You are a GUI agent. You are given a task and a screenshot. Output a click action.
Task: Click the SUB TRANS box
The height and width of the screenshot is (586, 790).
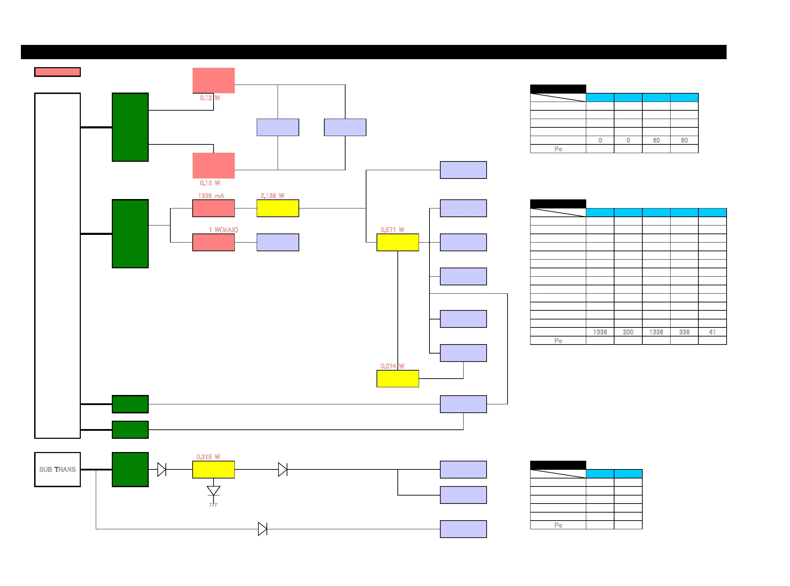click(57, 469)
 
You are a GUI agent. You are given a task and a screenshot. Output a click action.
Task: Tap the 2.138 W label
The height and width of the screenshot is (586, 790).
click(272, 196)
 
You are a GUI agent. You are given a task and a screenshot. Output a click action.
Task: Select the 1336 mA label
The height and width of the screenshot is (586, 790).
click(211, 196)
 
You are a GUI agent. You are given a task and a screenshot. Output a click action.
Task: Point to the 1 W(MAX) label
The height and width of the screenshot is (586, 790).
click(223, 230)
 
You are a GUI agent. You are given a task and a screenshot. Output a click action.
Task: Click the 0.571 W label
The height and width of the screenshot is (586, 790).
click(392, 230)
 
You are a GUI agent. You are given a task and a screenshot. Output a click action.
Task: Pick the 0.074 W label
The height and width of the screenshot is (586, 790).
click(392, 366)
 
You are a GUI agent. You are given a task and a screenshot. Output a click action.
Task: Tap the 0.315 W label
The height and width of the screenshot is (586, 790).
click(208, 457)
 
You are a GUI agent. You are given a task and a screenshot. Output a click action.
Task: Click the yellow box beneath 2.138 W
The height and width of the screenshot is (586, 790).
click(278, 208)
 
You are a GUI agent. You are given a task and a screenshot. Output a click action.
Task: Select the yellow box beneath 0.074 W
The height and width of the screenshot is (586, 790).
click(397, 379)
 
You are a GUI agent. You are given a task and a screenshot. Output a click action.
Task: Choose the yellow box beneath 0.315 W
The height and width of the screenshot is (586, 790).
click(214, 469)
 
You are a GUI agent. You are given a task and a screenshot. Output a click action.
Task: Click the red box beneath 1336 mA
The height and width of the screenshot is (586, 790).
click(214, 208)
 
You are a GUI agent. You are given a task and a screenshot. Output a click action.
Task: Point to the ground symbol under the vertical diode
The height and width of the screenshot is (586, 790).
click(213, 505)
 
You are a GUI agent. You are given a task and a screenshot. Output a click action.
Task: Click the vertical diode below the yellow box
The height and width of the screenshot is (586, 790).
click(214, 491)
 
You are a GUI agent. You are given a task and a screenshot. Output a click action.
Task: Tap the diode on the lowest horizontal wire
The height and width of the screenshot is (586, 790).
click(262, 529)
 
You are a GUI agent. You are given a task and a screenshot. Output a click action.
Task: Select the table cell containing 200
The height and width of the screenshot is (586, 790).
click(628, 332)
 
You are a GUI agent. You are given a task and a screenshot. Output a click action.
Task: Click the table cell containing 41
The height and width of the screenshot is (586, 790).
click(712, 332)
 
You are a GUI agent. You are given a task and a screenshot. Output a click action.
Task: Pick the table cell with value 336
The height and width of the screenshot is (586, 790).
click(684, 332)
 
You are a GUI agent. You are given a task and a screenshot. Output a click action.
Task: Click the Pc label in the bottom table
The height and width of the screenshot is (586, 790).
click(558, 525)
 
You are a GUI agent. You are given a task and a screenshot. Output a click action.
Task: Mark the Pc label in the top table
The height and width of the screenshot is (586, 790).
click(558, 149)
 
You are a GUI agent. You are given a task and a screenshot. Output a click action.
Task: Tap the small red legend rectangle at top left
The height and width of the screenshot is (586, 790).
click(57, 72)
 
